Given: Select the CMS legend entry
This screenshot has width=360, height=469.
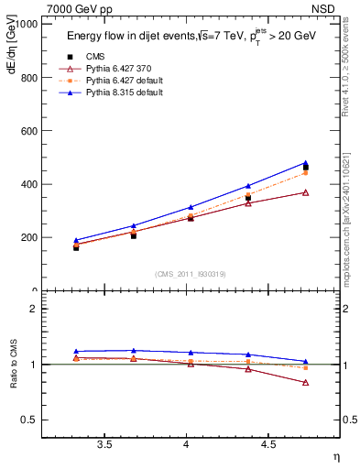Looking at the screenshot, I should click(x=95, y=56).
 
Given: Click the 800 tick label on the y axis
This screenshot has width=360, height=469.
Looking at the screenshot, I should click(x=30, y=78).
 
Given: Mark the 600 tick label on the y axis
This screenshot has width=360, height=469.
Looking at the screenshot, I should click(x=30, y=131).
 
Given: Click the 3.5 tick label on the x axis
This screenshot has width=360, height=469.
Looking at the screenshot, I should click(x=104, y=444).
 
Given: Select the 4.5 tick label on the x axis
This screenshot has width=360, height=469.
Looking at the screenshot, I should click(x=267, y=444).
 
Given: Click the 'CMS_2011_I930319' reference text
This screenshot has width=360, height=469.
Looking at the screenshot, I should click(x=191, y=274).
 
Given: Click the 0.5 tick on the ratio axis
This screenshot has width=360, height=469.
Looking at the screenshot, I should click(x=32, y=420).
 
